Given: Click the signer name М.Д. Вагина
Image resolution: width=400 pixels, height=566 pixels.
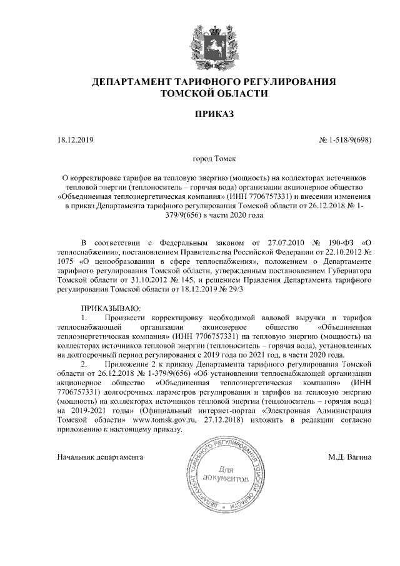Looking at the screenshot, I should coord(350,457).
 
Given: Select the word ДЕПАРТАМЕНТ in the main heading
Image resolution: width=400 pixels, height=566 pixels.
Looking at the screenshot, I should coord(128,82).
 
